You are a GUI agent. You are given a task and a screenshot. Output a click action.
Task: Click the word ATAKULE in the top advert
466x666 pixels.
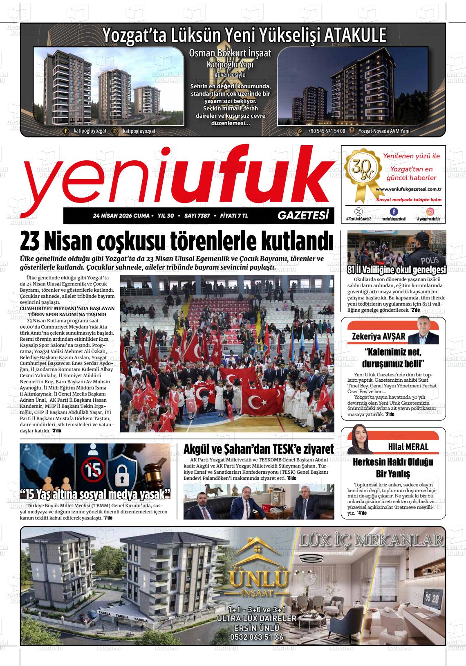[x=355, y=35]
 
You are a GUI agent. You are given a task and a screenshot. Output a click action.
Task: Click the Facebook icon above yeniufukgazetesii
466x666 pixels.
[x=394, y=211]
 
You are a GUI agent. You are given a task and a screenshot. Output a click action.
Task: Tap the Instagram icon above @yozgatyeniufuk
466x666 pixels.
[x=430, y=211]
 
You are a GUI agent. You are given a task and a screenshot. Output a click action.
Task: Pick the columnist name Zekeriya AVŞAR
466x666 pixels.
[x=379, y=336]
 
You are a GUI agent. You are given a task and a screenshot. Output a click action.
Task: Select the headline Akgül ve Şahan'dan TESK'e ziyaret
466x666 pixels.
[x=259, y=449]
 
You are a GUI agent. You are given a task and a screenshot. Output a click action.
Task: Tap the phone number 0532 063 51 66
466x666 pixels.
[x=256, y=637]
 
